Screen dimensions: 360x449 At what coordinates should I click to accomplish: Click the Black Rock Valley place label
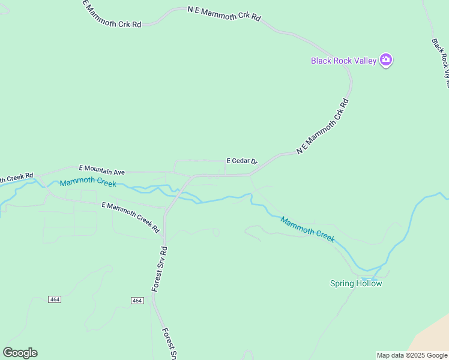point(343,60)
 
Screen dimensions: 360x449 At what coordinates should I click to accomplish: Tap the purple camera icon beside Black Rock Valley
point(385,59)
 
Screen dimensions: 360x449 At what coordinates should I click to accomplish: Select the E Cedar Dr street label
point(241,161)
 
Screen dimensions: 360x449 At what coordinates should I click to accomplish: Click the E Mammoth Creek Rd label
point(130,217)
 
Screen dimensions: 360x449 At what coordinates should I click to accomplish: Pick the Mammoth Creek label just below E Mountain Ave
point(88,183)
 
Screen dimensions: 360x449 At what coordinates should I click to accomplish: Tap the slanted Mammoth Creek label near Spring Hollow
point(307,229)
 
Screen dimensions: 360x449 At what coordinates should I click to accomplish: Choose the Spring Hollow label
point(356,283)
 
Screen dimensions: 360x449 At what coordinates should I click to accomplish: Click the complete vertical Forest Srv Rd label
point(159,268)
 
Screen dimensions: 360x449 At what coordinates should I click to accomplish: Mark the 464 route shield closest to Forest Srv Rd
point(137,300)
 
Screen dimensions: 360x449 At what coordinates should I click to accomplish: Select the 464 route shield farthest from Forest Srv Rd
point(55,299)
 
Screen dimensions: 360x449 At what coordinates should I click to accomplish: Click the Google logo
point(20,353)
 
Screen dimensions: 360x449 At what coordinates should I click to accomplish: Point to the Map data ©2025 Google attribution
point(412,355)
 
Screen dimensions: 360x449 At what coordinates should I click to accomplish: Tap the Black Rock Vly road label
point(441,63)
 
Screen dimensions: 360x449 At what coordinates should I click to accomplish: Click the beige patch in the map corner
point(432,342)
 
